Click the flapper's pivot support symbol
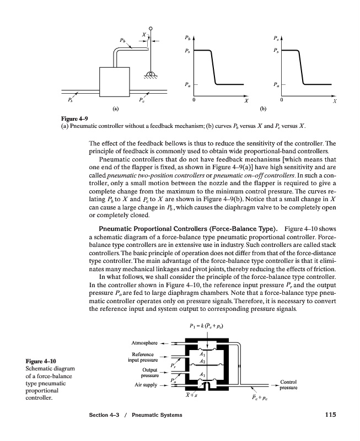tap(151, 72)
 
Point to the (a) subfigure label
tap(115, 109)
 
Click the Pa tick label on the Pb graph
tap(188, 84)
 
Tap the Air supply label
tap(144, 386)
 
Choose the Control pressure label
tap(289, 385)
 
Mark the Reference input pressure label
tap(144, 357)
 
